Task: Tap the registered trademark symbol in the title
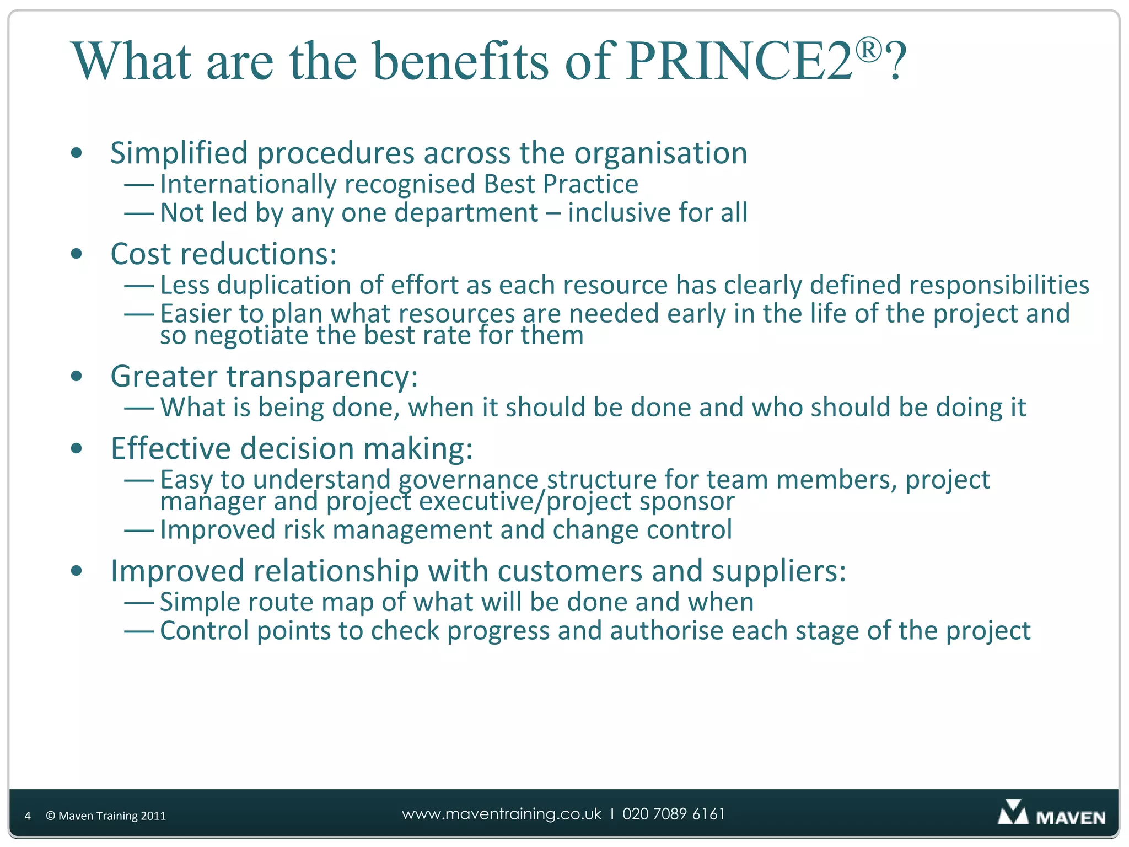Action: click(869, 50)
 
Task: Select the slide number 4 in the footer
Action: click(28, 816)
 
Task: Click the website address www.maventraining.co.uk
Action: click(502, 814)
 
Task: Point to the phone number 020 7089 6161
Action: click(674, 814)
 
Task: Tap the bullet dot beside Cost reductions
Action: click(77, 254)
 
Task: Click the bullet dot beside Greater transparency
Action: click(77, 377)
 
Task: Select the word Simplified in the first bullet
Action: click(179, 153)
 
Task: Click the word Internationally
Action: click(248, 184)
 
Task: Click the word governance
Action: click(468, 480)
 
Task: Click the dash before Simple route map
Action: click(138, 603)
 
